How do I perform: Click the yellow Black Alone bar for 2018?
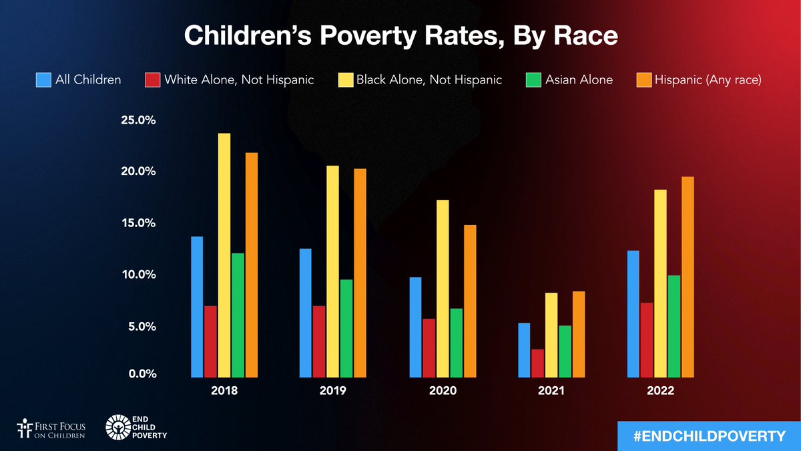click(224, 255)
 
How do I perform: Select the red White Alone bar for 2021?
click(537, 363)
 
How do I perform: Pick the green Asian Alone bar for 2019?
click(346, 328)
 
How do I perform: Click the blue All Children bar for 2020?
click(415, 327)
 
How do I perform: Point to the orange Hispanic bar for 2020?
click(470, 301)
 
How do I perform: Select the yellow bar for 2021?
click(551, 335)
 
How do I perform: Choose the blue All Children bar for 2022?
click(633, 313)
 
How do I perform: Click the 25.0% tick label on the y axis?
click(138, 120)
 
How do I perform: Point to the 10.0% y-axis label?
click(138, 275)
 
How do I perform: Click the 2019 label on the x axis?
click(332, 391)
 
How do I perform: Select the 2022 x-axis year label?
click(660, 391)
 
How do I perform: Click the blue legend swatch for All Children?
click(43, 80)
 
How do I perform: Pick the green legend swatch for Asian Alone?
click(533, 80)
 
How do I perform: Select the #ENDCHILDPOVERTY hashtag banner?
click(708, 436)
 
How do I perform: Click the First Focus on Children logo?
click(51, 428)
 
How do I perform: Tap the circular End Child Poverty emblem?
click(117, 428)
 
